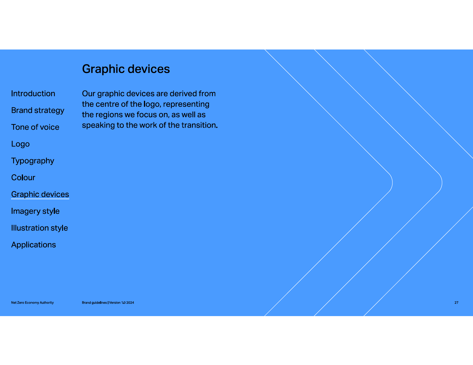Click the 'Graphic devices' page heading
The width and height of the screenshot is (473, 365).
126,69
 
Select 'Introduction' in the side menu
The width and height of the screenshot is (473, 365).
33,93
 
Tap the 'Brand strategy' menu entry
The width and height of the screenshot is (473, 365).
38,110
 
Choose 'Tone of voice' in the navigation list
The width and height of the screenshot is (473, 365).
35,127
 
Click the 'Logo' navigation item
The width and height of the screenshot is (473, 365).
20,144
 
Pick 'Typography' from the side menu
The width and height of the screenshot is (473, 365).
33,161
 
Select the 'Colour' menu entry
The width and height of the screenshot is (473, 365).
23,178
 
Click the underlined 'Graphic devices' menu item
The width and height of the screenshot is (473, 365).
40,194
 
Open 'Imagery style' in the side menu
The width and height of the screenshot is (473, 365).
35,211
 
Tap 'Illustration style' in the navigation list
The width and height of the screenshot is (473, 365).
39,228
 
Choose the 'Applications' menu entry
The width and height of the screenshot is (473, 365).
33,245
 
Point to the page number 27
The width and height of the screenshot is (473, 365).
457,303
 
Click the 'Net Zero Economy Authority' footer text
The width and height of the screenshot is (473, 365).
32,303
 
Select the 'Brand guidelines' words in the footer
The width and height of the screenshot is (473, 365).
94,303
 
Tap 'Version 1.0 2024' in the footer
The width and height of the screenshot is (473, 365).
122,303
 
